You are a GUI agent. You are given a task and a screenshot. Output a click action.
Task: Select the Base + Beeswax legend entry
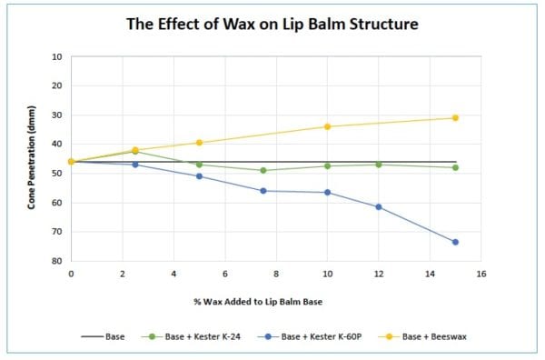(441, 336)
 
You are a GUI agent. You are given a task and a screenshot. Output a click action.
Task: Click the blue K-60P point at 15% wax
(455, 242)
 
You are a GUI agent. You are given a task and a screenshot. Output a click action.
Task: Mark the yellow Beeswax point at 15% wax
(455, 118)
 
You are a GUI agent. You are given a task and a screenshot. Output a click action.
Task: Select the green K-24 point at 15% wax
(455, 167)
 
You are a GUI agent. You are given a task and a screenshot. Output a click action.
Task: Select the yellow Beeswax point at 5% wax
(199, 143)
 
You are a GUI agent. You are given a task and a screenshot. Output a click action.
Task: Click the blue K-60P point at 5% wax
(199, 176)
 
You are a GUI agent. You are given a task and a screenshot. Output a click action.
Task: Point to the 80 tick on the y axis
(56, 261)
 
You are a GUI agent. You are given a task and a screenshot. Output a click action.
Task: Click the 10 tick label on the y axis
(56, 56)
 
